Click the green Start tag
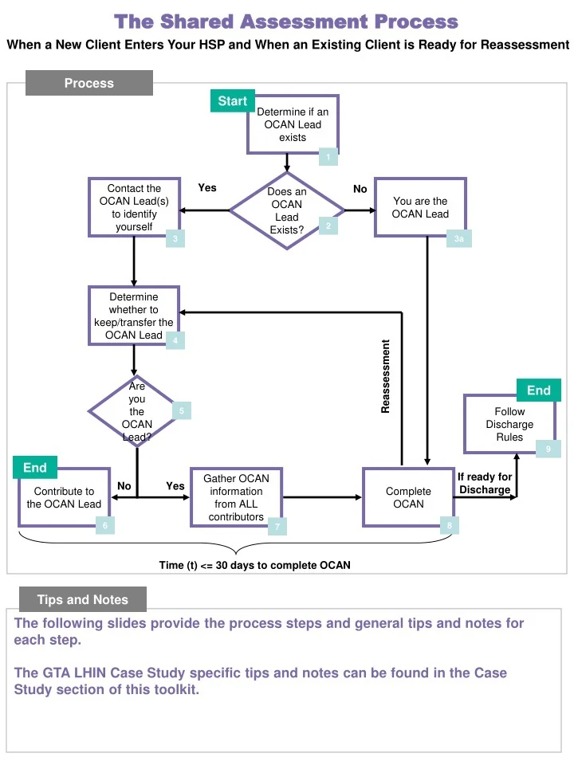[x=232, y=101]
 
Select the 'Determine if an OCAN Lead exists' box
[x=292, y=124]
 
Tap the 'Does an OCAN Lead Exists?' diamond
[x=287, y=211]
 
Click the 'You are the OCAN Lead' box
[x=420, y=208]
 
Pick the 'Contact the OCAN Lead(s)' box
[x=134, y=208]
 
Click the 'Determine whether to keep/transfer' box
[x=133, y=316]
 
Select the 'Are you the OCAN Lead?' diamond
[x=136, y=411]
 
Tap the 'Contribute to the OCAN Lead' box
[x=64, y=498]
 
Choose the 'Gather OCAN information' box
[x=236, y=498]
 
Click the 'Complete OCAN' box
[x=408, y=498]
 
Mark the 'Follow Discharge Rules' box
[x=509, y=425]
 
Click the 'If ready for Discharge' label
[x=485, y=483]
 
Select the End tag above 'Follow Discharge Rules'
[x=538, y=390]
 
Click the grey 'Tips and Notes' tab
[x=83, y=600]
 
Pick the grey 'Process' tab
[x=88, y=83]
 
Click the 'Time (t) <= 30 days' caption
[x=254, y=565]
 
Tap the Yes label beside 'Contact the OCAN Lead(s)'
[x=207, y=188]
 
